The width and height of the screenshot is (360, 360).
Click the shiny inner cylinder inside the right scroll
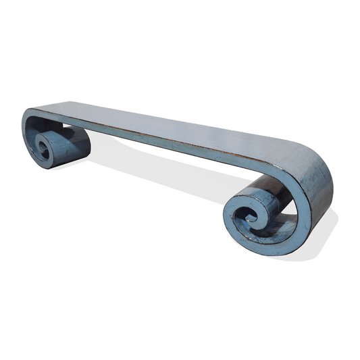[270, 203]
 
